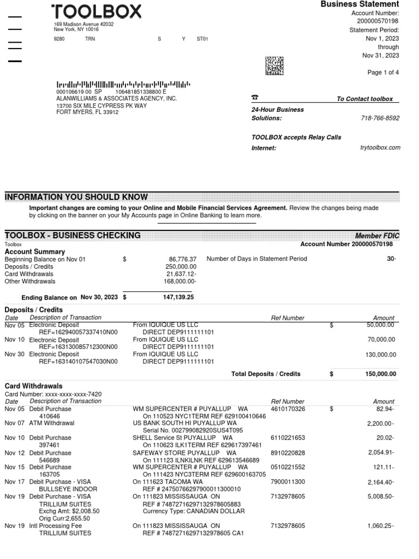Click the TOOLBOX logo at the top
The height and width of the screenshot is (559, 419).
(x=97, y=12)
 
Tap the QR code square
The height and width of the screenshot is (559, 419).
(x=274, y=66)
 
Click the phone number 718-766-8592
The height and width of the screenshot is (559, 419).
(x=380, y=118)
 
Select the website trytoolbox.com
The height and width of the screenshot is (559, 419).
(x=380, y=147)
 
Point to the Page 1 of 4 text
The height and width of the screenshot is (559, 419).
(x=382, y=73)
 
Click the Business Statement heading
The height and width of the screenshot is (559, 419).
(x=360, y=4)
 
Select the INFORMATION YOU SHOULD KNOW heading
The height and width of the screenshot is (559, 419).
(x=76, y=197)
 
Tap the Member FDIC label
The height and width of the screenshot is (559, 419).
(x=377, y=235)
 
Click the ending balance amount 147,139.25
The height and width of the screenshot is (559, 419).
(x=178, y=298)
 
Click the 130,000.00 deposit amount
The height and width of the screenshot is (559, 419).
(x=380, y=354)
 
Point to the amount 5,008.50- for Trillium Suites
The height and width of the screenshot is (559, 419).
(x=380, y=497)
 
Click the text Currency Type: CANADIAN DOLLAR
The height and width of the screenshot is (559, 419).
(x=194, y=512)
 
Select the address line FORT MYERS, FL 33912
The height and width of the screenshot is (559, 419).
(x=87, y=112)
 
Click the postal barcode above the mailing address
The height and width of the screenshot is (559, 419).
(x=123, y=85)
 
